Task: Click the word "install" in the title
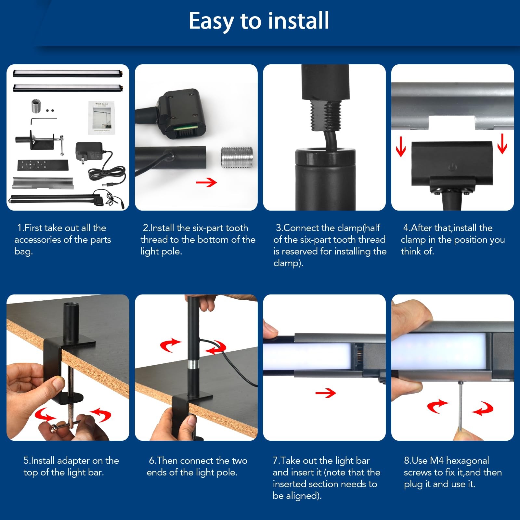click(299, 20)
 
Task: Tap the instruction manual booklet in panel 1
click(101, 117)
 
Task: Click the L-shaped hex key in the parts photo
click(44, 120)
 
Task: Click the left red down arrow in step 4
click(401, 147)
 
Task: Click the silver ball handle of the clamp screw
click(54, 430)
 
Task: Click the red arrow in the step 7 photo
click(325, 393)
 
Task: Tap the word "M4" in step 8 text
click(436, 461)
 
